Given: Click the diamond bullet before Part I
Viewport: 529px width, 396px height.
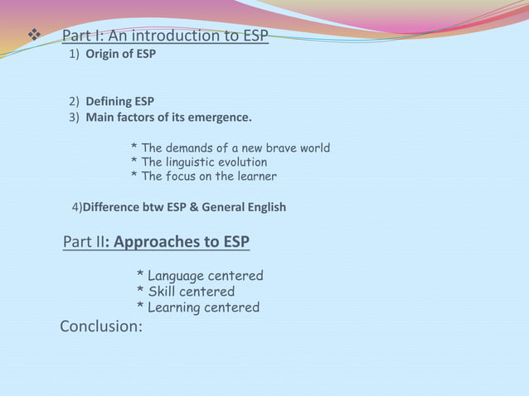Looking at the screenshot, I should (x=33, y=36).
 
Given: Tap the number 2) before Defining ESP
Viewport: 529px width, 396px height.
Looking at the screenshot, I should (x=74, y=102).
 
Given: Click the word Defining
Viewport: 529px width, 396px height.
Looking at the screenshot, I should (x=109, y=102).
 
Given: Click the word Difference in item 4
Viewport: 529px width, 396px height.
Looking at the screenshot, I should (x=111, y=207).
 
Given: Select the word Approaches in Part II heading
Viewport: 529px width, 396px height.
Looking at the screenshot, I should (x=153, y=242).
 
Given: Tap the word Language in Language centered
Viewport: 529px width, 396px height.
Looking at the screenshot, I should (x=177, y=276).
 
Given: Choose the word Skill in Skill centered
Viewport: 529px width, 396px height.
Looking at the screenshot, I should (x=163, y=292).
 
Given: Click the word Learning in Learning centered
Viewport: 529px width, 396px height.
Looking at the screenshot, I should (x=175, y=307).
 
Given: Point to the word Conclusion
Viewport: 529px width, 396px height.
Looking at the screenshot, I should (x=100, y=326).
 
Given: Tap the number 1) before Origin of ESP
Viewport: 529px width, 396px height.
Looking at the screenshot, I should (x=74, y=54).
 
